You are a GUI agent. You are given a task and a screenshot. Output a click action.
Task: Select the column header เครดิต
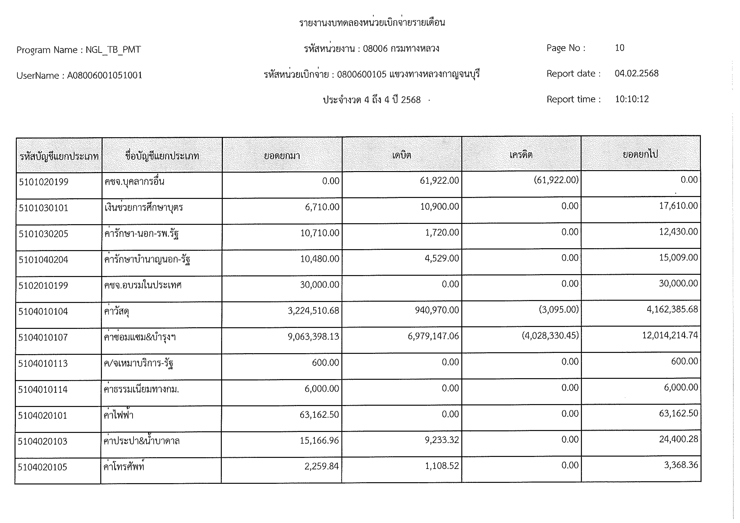[521, 155]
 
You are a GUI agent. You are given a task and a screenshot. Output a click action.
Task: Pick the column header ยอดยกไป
[640, 154]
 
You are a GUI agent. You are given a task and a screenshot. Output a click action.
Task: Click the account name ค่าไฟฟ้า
[118, 415]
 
